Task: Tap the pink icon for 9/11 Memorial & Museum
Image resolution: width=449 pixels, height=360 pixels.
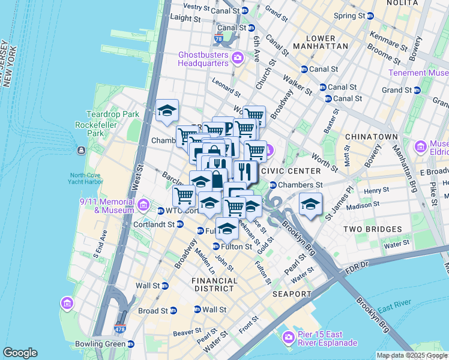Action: (x=143, y=206)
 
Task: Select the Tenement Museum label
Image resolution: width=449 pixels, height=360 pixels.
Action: (x=418, y=73)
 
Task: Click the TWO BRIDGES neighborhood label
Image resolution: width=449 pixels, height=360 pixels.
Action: (x=373, y=229)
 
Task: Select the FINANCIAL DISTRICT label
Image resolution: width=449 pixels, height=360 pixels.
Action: (x=214, y=284)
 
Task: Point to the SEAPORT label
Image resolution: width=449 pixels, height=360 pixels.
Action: (x=292, y=294)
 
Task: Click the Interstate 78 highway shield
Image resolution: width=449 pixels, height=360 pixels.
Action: (x=218, y=39)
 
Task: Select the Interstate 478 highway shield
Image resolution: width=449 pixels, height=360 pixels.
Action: (x=120, y=329)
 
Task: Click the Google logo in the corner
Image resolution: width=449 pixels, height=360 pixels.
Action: (x=20, y=353)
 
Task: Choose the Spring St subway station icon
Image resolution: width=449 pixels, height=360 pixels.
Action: (x=370, y=16)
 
